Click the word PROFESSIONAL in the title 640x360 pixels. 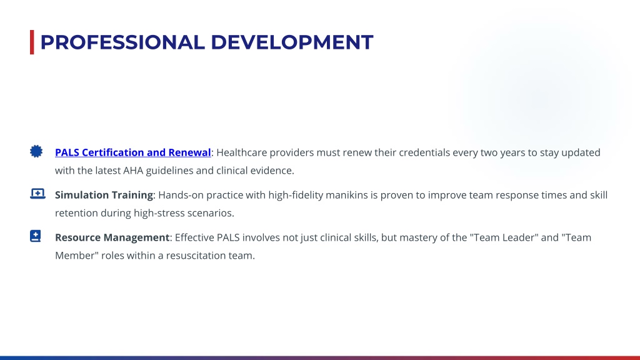tap(122, 42)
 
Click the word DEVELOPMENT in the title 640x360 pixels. tap(292, 42)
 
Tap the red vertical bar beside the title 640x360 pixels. tap(32, 42)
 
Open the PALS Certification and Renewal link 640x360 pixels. tap(133, 152)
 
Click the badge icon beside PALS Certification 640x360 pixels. tap(36, 151)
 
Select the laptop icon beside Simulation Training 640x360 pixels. tap(37, 194)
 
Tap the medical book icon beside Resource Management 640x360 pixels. tap(36, 236)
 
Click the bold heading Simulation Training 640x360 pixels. tap(104, 195)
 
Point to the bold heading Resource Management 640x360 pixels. tap(112, 237)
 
